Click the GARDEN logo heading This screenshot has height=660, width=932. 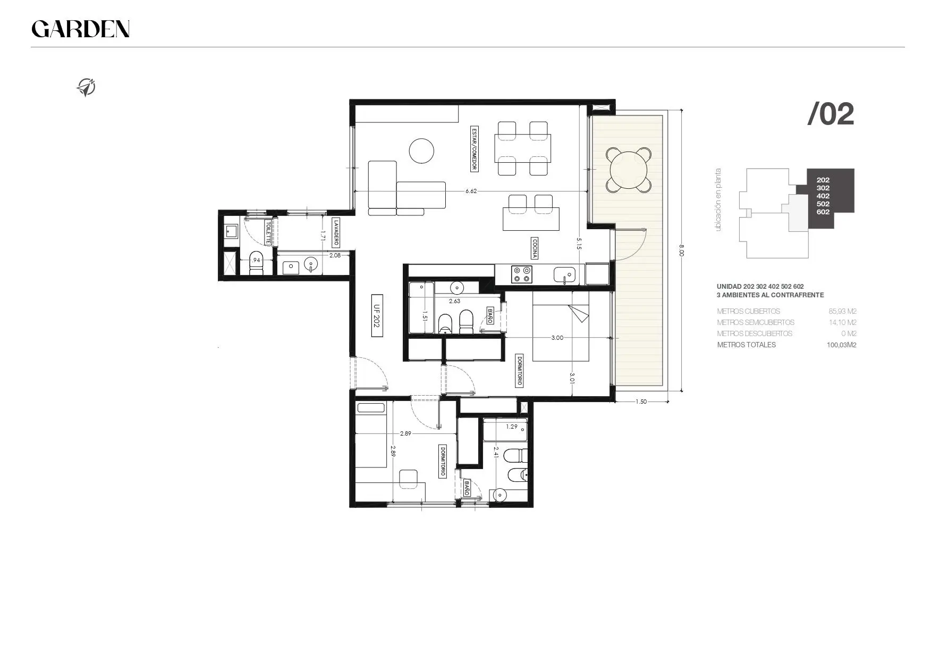(x=81, y=29)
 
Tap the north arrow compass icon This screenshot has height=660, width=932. (x=86, y=87)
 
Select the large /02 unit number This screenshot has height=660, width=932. (x=831, y=114)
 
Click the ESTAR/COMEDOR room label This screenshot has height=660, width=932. (x=474, y=149)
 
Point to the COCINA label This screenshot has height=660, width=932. (x=534, y=248)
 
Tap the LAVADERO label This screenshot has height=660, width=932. (x=336, y=233)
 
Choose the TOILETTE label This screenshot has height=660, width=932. (x=269, y=233)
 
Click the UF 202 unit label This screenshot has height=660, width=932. (x=377, y=315)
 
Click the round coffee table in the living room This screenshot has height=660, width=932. (x=422, y=151)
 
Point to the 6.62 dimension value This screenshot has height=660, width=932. (x=471, y=191)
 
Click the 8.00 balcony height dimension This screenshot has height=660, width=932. (x=682, y=250)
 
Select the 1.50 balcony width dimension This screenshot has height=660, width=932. (x=641, y=402)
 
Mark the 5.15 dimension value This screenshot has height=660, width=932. (x=579, y=244)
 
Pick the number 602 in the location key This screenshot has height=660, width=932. (x=823, y=212)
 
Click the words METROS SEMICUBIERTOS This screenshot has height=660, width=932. (x=756, y=322)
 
